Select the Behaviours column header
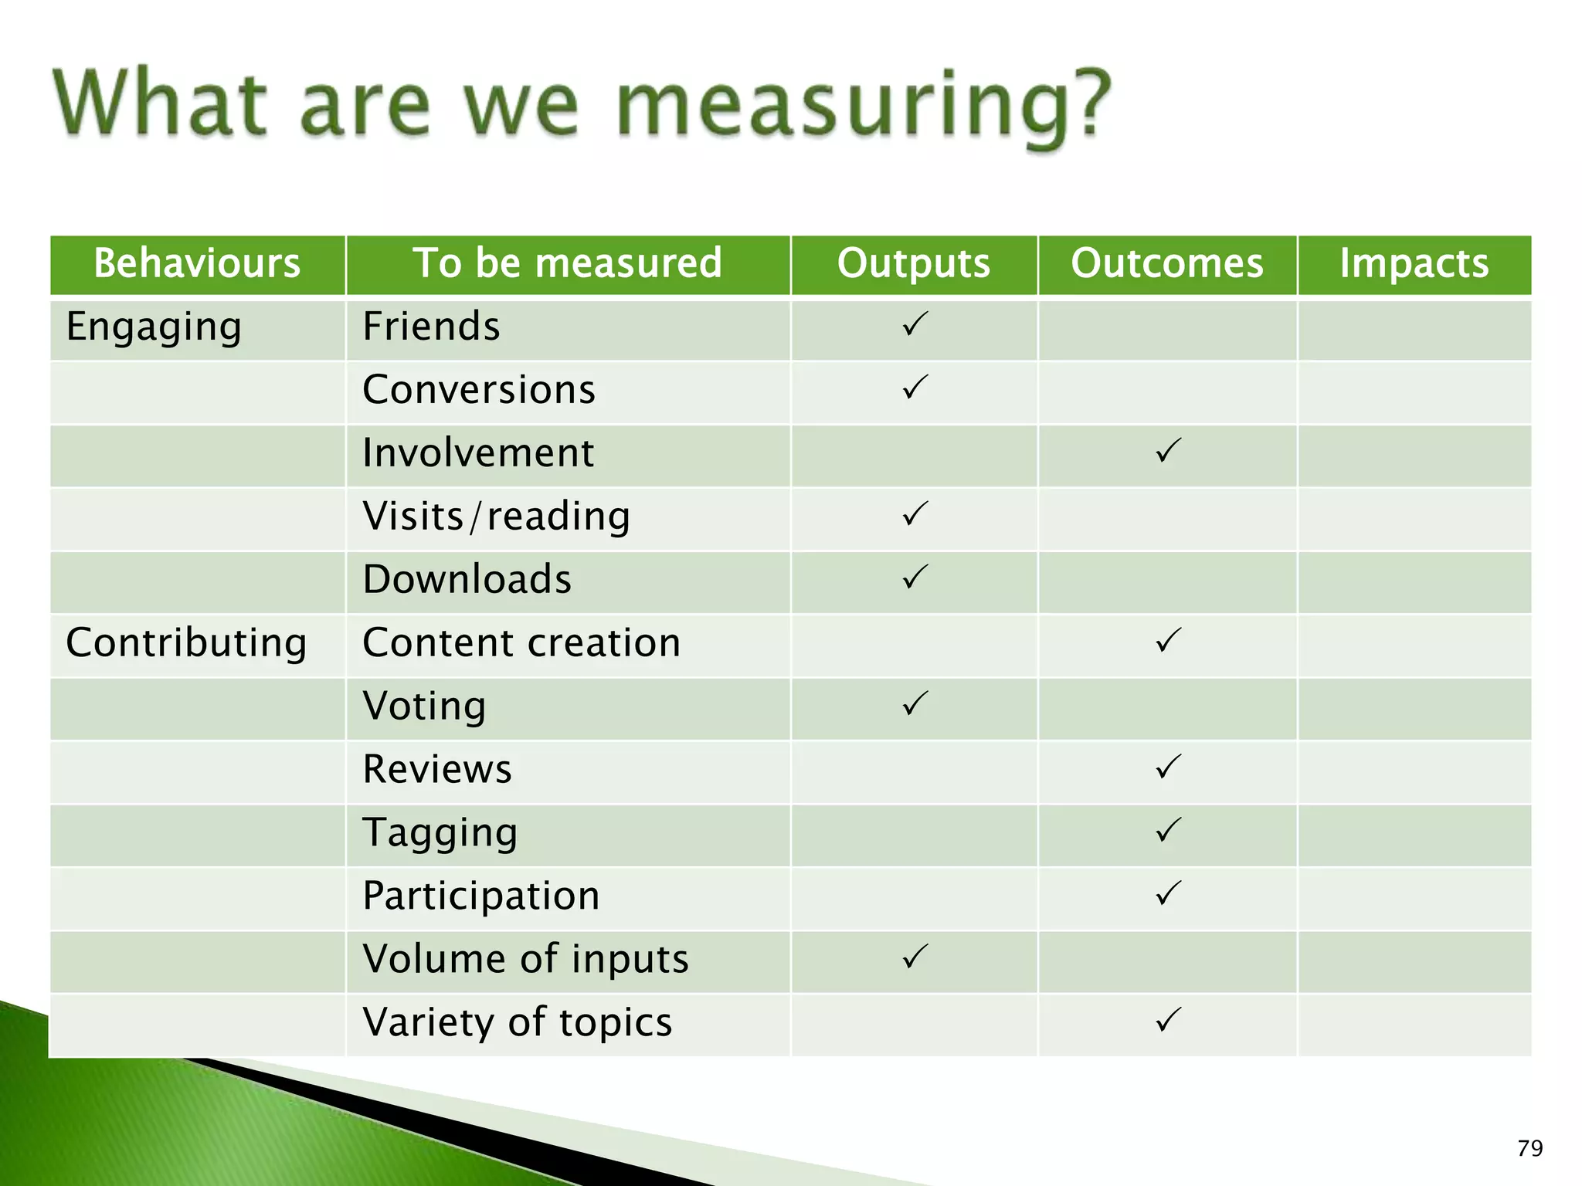pos(197,263)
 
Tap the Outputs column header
pos(913,263)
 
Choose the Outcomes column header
pos(1166,263)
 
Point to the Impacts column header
pos(1414,263)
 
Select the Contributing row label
pos(186,643)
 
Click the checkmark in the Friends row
pos(915,324)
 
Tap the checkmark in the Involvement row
pos(1168,451)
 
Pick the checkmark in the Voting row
pos(915,703)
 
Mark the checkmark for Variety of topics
pos(1168,1020)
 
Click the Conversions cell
pos(479,390)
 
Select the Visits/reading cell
pos(496,517)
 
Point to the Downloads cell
pos(467,580)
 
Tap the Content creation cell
pos(521,643)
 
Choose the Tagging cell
pos(440,833)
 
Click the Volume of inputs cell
pos(525,960)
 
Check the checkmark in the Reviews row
pos(1168,767)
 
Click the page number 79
pos(1529,1149)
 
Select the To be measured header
pos(568,263)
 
